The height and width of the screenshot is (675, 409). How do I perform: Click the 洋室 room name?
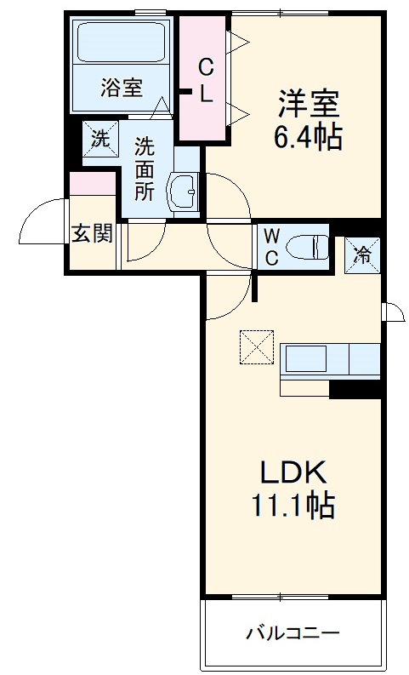click(x=308, y=105)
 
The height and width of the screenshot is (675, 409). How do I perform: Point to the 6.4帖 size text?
click(x=308, y=137)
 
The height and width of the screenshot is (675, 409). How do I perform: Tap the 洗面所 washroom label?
click(x=144, y=169)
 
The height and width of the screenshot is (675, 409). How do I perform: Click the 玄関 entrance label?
click(x=91, y=234)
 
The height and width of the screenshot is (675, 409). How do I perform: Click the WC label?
click(x=270, y=247)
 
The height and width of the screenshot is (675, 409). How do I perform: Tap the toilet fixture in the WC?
click(x=308, y=247)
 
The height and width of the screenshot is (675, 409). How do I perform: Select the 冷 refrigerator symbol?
click(x=362, y=255)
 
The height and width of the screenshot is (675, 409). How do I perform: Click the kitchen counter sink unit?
click(x=330, y=361)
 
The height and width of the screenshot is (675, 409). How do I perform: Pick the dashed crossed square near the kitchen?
click(x=255, y=347)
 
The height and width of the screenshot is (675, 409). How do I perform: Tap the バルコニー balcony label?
click(x=293, y=634)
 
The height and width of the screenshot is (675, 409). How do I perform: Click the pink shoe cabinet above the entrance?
click(x=92, y=183)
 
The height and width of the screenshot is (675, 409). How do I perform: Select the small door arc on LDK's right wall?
click(x=393, y=312)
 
